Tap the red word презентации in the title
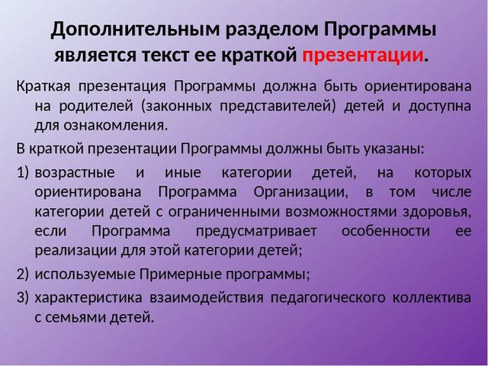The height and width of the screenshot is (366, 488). [x=362, y=56]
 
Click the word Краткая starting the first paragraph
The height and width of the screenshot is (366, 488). [x=42, y=85]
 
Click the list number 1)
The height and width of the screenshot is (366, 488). [x=23, y=169]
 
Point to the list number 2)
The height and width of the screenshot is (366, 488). [x=23, y=273]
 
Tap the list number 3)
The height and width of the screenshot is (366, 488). [x=23, y=294]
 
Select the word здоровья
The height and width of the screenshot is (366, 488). [x=442, y=210]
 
